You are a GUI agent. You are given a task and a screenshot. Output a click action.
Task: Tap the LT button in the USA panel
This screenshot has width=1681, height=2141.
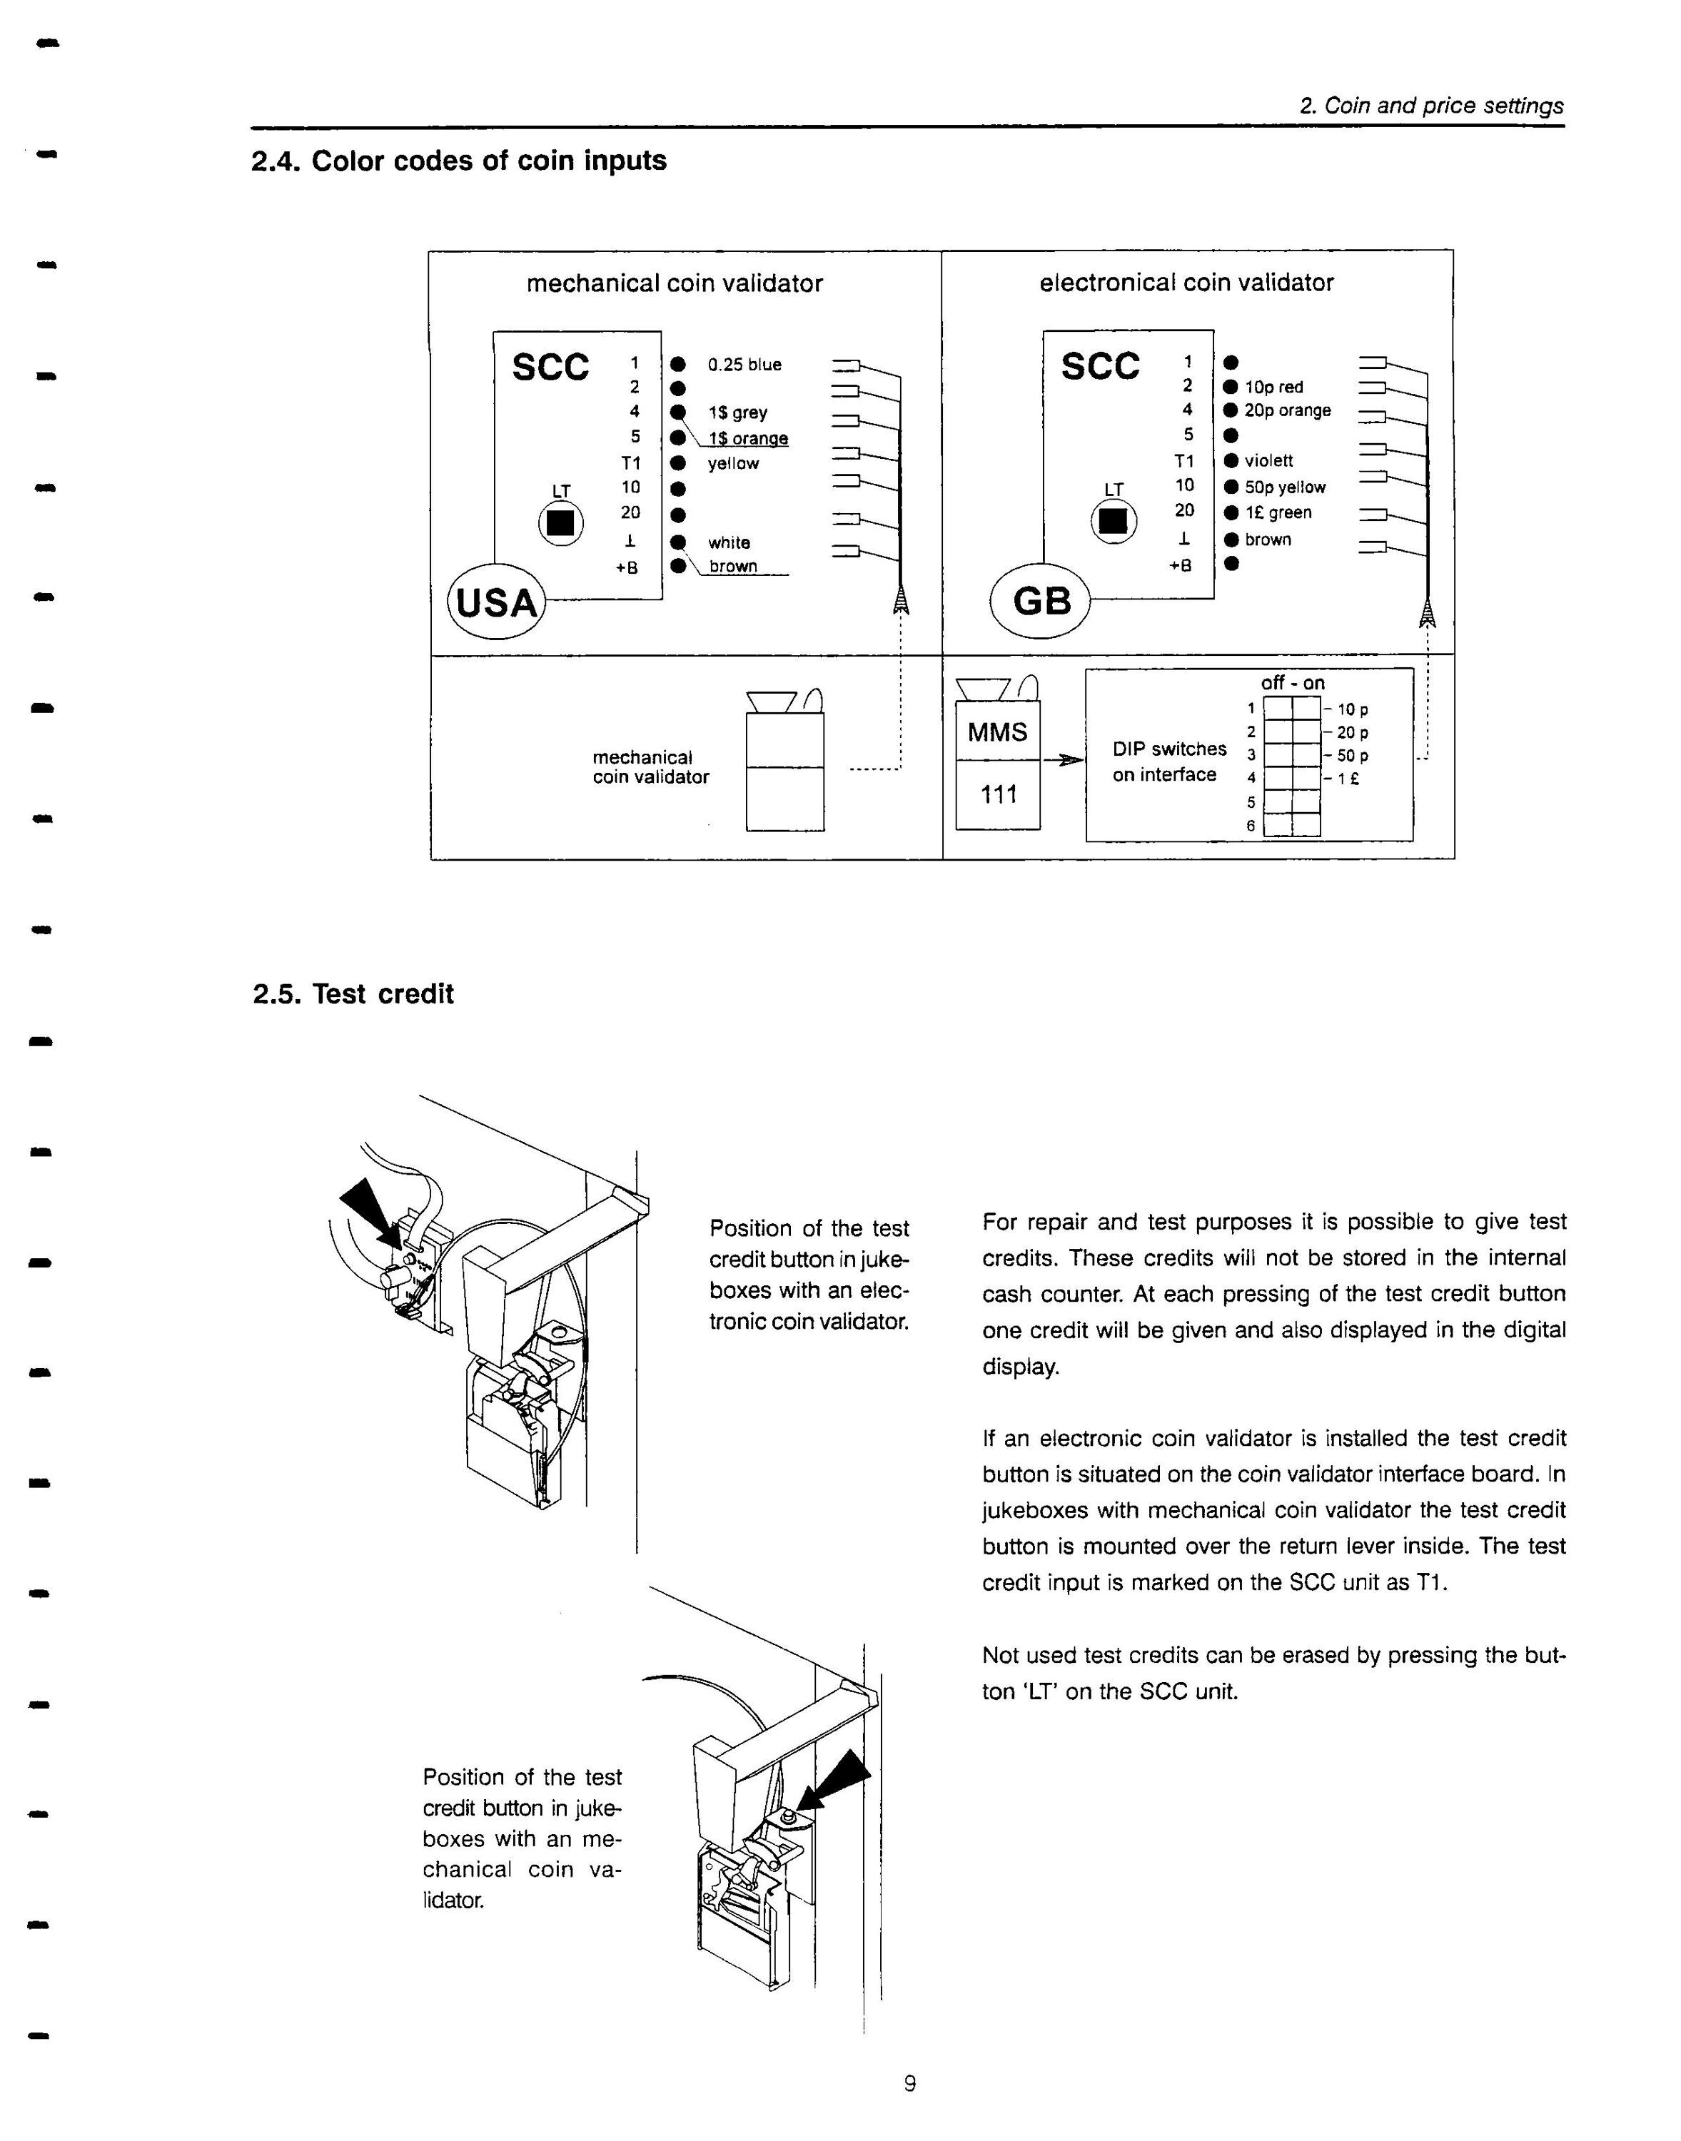coord(561,522)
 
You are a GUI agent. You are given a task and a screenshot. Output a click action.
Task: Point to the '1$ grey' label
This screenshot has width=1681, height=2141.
coord(738,413)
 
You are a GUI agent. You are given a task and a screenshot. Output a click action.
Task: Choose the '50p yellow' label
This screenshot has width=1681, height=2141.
coord(1286,488)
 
